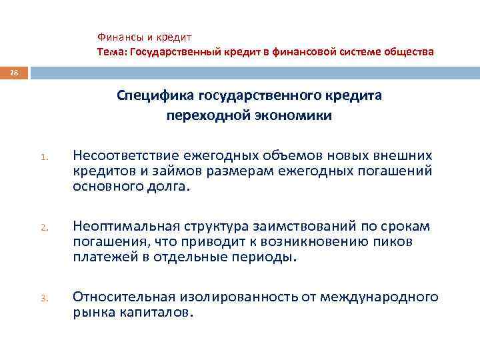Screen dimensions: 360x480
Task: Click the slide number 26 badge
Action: (x=14, y=71)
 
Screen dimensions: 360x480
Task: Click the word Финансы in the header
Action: (x=117, y=37)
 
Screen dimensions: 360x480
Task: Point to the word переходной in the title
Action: (x=203, y=115)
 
